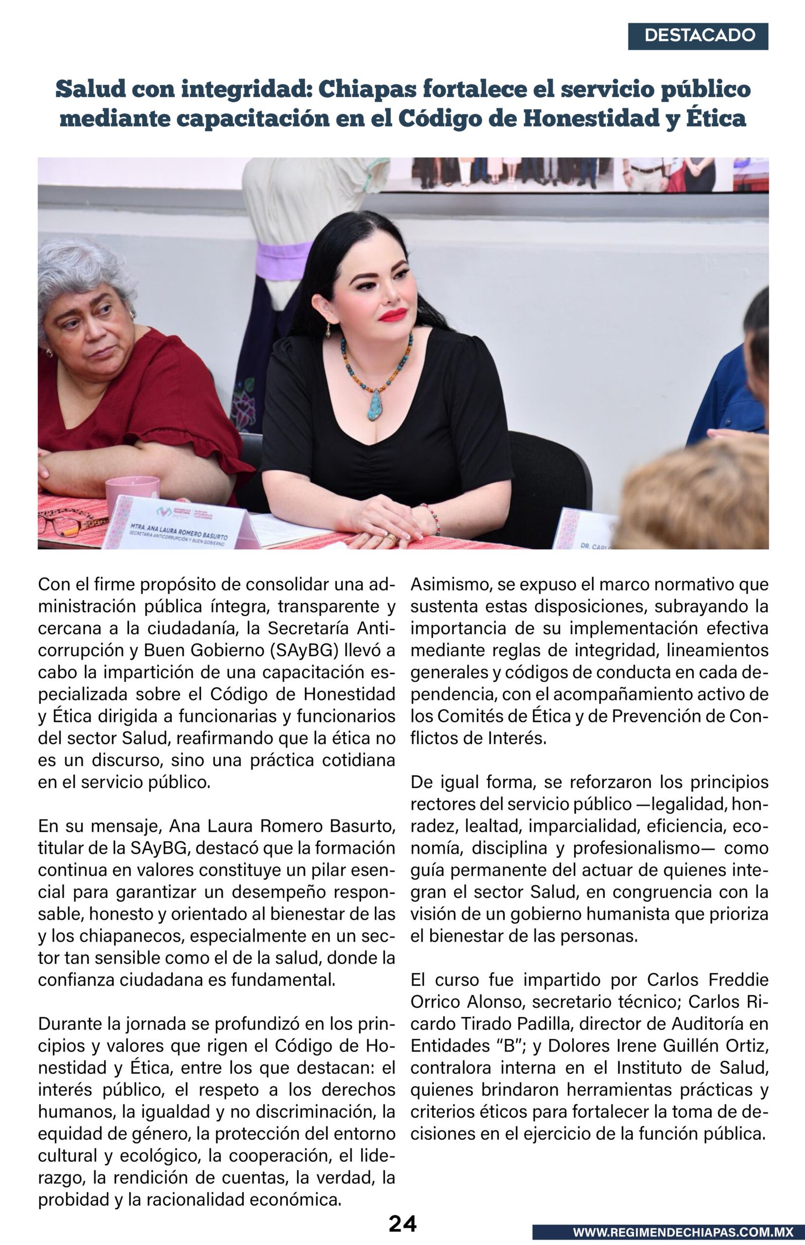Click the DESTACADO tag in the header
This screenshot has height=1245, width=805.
[698, 36]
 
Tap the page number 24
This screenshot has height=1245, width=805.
[402, 1223]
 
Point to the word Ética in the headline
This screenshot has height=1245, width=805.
[715, 119]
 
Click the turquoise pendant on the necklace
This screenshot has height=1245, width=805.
[375, 405]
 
